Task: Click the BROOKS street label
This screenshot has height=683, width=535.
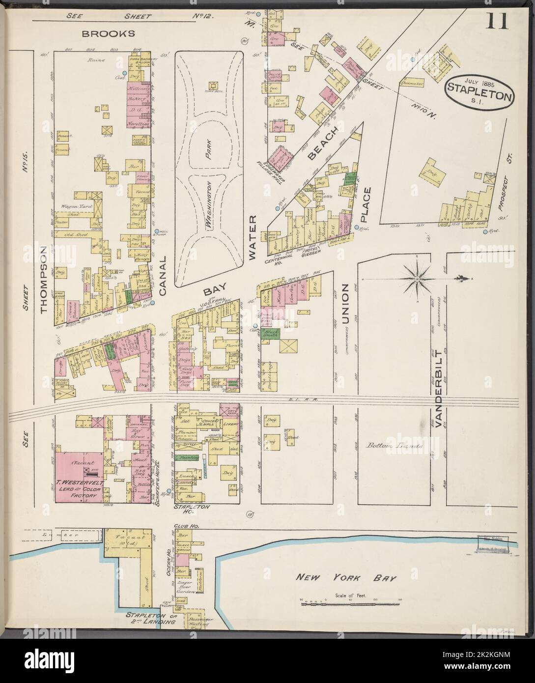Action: (108, 34)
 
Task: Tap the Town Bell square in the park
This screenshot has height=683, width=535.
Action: (213, 86)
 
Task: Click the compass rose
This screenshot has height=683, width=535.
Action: (417, 279)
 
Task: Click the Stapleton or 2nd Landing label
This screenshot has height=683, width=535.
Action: (150, 618)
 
